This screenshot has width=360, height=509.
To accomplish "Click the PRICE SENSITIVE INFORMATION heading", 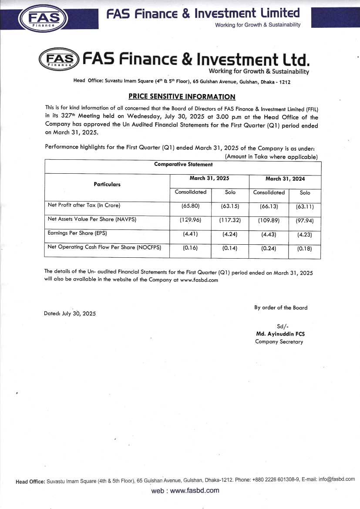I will pos(182,97).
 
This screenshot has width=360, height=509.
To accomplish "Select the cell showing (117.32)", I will pos(230,220).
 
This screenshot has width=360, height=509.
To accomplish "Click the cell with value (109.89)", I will pos(269,220).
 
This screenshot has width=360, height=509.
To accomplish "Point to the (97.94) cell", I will pos(305,220).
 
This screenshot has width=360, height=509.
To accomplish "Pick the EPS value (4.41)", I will pos(190,234).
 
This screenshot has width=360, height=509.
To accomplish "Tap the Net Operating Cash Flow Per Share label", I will pos(104,247).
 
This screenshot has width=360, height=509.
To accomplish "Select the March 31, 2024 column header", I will pos(285,179).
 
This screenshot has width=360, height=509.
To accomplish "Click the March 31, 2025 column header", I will pos(209,179).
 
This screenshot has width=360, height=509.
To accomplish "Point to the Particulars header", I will pos(107,184).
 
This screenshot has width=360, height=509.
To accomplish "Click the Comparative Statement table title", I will pos(183,164).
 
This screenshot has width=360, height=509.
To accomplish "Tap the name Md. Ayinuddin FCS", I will pos(279,334).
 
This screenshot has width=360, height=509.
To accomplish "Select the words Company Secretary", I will pos(279,342).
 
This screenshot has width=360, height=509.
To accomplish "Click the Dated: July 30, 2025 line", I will pos(70,313).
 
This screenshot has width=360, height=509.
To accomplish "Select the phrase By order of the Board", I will pos(281,307).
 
